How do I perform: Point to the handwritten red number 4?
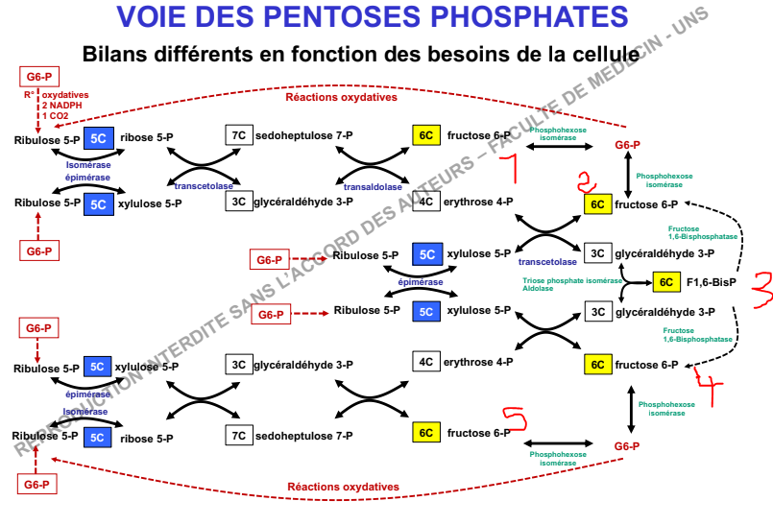click(x=710, y=388)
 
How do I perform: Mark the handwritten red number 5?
click(x=515, y=418)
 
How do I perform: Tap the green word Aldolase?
click(x=538, y=288)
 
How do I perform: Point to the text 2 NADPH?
click(x=63, y=105)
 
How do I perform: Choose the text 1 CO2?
click(x=58, y=115)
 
